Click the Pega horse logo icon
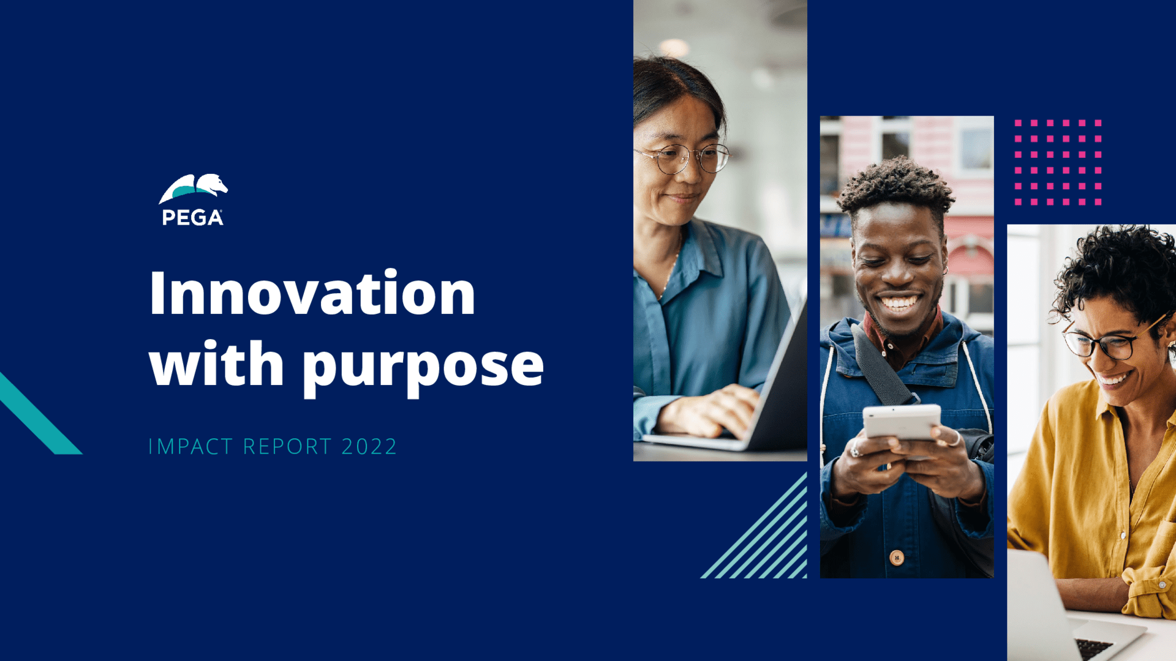pos(193,188)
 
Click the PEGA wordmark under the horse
pos(192,217)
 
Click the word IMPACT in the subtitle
pos(190,446)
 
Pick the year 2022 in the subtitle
pos(369,446)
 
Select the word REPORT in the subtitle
pos(287,446)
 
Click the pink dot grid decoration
pos(1058,162)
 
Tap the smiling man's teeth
pos(899,302)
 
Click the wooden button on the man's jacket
pos(897,558)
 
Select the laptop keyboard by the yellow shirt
pos(1094,648)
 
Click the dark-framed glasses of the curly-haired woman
pos(1109,340)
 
